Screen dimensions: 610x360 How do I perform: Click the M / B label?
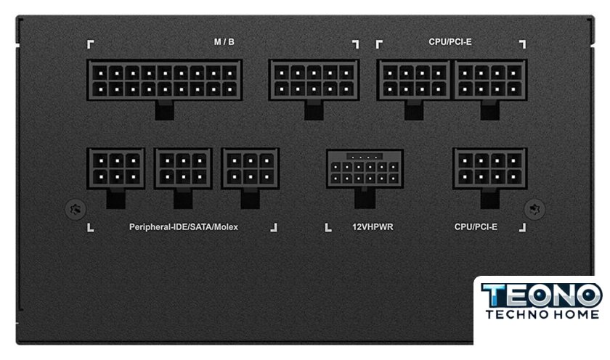coord(224,42)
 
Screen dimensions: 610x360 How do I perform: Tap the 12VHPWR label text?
coord(373,227)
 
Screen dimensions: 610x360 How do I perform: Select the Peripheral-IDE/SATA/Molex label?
coord(184,227)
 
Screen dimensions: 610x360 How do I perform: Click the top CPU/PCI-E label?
coord(450,42)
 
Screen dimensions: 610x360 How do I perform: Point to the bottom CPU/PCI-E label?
coord(476,227)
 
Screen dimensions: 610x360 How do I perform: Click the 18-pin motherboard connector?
coord(165,80)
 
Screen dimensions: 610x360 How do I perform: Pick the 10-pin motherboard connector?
coord(314,80)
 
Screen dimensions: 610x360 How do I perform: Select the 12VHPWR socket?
coord(365,168)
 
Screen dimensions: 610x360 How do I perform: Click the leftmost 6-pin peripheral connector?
coord(116,168)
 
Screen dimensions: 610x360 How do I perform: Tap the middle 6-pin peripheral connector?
coord(183,168)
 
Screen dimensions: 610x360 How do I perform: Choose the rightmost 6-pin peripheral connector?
coord(250,168)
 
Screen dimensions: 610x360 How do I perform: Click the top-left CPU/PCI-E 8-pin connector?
coord(414,80)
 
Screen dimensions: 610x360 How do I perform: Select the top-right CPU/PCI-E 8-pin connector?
coord(490,80)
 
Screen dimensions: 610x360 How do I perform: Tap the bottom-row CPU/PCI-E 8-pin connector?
coord(490,168)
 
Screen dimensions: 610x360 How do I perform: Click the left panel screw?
coord(76,210)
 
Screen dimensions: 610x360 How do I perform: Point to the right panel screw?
coord(534,210)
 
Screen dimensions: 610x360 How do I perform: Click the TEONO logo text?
coord(542,295)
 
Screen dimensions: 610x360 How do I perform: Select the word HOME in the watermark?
coord(574,314)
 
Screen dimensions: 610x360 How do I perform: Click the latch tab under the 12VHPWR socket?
coord(365,199)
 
